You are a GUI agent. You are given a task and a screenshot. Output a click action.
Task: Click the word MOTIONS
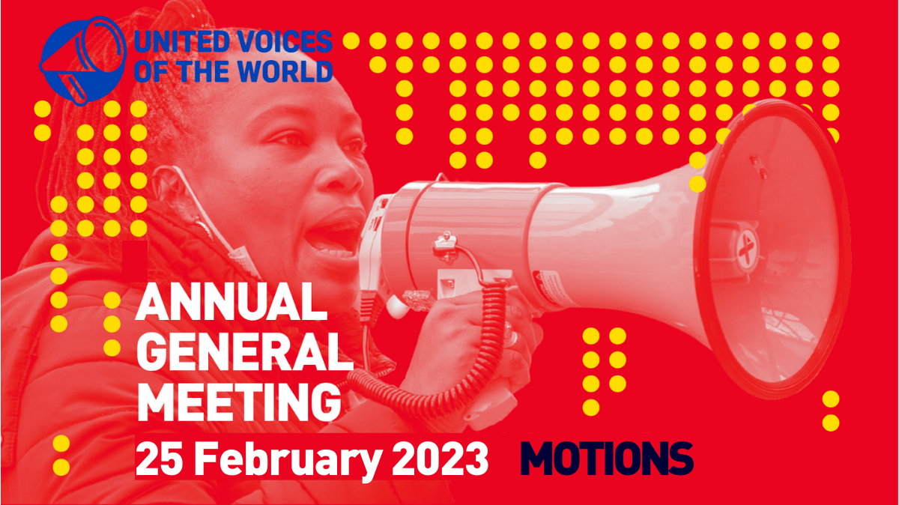606,458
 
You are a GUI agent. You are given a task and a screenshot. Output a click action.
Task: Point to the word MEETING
239,402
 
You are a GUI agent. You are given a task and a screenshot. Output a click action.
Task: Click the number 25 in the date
160,458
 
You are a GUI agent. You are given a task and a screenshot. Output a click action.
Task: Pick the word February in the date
288,460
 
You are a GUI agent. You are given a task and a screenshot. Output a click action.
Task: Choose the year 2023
440,458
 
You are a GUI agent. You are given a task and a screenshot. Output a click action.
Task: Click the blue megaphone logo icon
83,60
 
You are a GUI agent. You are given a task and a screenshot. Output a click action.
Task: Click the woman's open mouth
335,237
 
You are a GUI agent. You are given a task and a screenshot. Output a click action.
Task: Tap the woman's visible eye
290,139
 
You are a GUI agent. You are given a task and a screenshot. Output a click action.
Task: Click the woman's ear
169,189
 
